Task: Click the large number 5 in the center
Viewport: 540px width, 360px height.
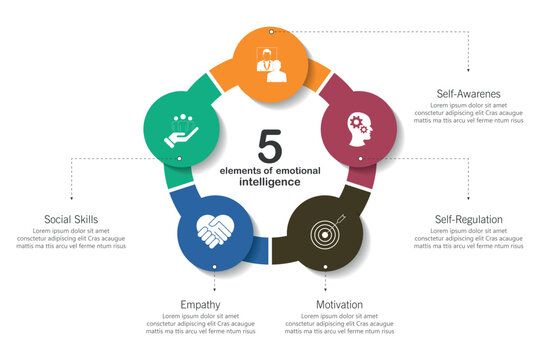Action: (269, 146)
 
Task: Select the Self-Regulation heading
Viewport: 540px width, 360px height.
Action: (468, 219)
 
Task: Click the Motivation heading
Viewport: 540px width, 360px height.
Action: (339, 304)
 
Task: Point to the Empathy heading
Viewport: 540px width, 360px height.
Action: (200, 304)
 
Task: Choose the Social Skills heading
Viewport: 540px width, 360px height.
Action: (71, 219)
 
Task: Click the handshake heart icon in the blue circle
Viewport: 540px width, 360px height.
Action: (214, 232)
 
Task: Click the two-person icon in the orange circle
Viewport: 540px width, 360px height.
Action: (270, 62)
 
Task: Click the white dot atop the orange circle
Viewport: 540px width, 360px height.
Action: (270, 32)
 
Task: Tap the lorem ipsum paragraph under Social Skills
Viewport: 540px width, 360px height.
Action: (71, 239)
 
